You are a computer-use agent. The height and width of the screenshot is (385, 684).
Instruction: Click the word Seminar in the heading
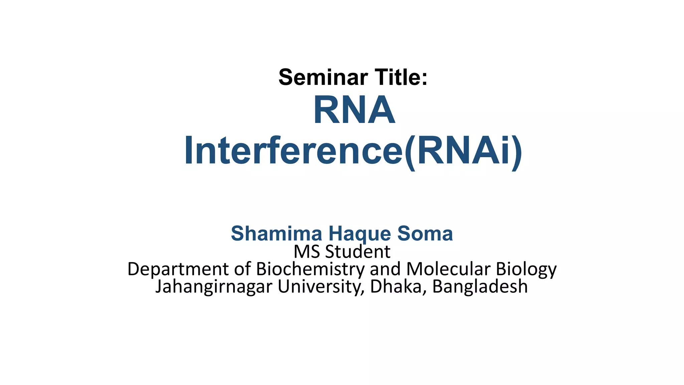tap(323, 77)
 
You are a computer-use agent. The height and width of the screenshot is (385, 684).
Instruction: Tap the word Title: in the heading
tap(401, 77)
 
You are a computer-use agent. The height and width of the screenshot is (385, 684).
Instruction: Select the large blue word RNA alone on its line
tap(354, 110)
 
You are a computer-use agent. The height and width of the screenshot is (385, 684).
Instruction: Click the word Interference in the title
tap(293, 151)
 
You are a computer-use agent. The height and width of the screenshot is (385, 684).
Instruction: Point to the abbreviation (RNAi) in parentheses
tap(463, 151)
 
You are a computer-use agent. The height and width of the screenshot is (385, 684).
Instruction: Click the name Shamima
tap(276, 233)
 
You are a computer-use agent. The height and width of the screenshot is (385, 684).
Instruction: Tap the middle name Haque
tap(359, 234)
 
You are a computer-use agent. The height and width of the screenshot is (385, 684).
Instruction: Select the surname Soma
tap(425, 233)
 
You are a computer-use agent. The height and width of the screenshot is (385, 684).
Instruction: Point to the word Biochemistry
tap(310, 269)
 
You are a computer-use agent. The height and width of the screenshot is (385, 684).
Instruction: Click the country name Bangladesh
tap(480, 287)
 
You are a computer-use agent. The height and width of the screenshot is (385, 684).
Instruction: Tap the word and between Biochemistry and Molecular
tap(385, 269)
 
